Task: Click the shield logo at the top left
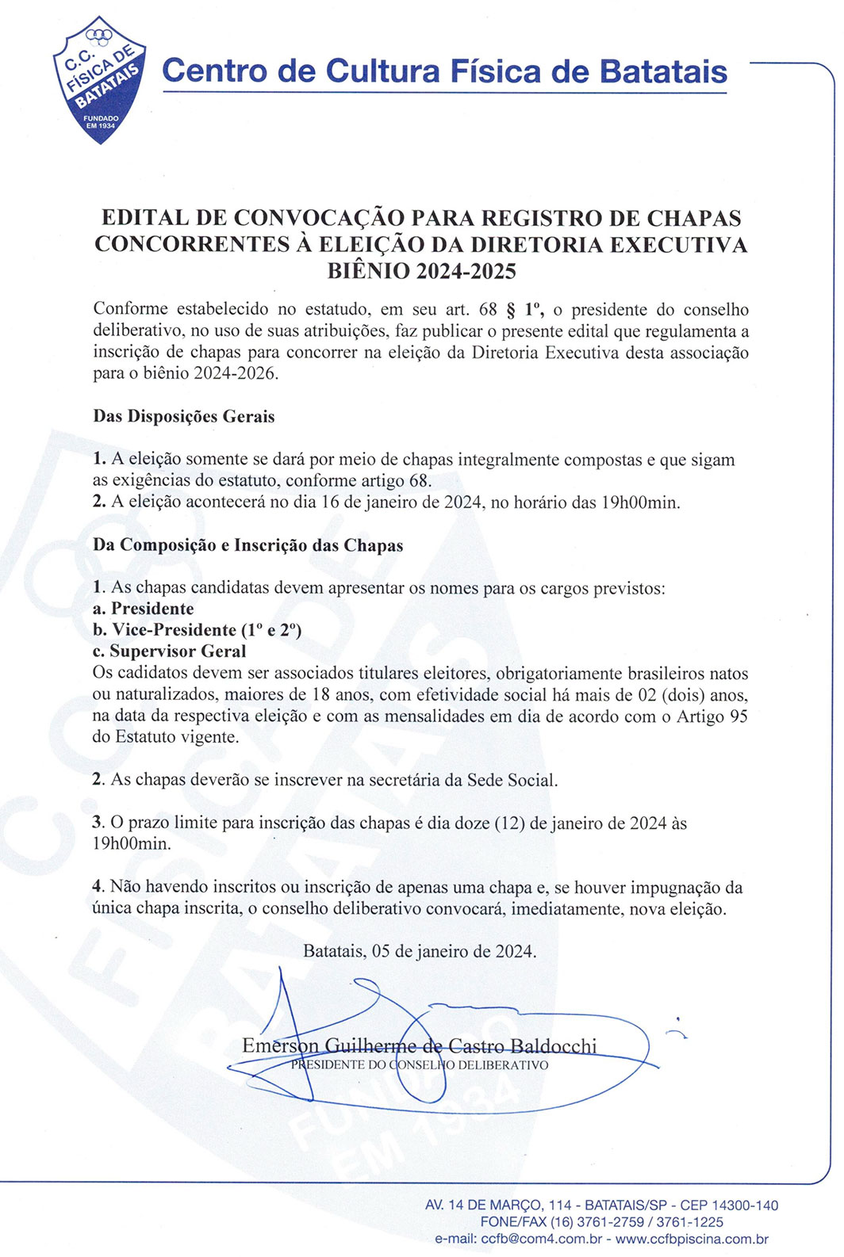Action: (100, 79)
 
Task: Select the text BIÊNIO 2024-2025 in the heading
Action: (421, 271)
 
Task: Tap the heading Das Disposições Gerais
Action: (184, 417)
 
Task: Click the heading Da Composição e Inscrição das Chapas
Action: (248, 546)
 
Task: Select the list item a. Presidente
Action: (144, 609)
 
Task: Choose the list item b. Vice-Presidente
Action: (197, 630)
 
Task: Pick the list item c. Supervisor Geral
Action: (170, 651)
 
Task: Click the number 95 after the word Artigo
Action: (738, 716)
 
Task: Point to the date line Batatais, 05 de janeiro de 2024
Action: (420, 951)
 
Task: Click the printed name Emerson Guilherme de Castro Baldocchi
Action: (419, 1046)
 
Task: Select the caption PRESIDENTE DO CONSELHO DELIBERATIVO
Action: (419, 1065)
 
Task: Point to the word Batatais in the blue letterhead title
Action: (663, 71)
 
